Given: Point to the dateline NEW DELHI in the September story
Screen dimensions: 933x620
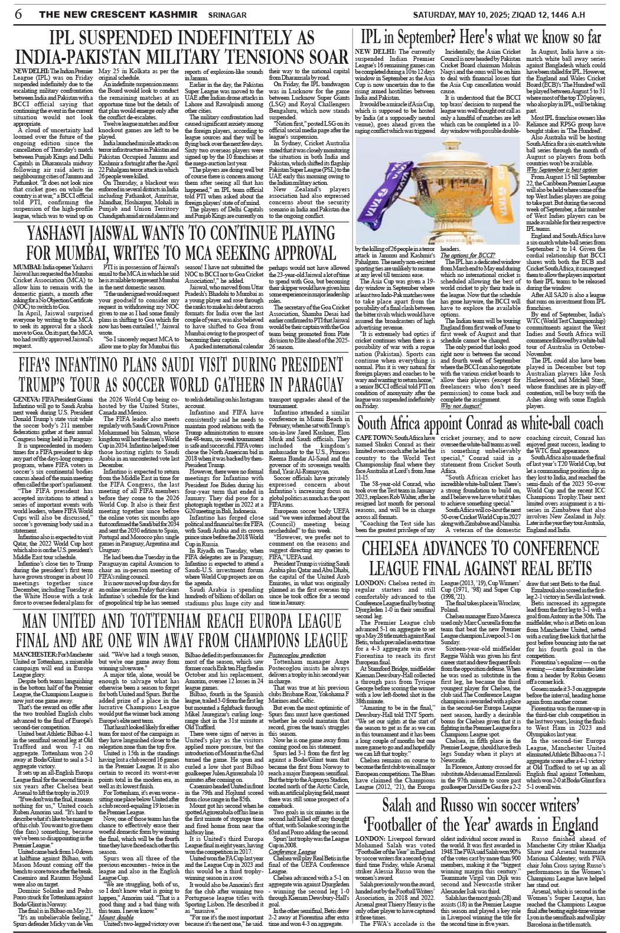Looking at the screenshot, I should coord(373,52).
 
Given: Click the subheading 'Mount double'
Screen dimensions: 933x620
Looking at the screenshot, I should coord(116,917).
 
